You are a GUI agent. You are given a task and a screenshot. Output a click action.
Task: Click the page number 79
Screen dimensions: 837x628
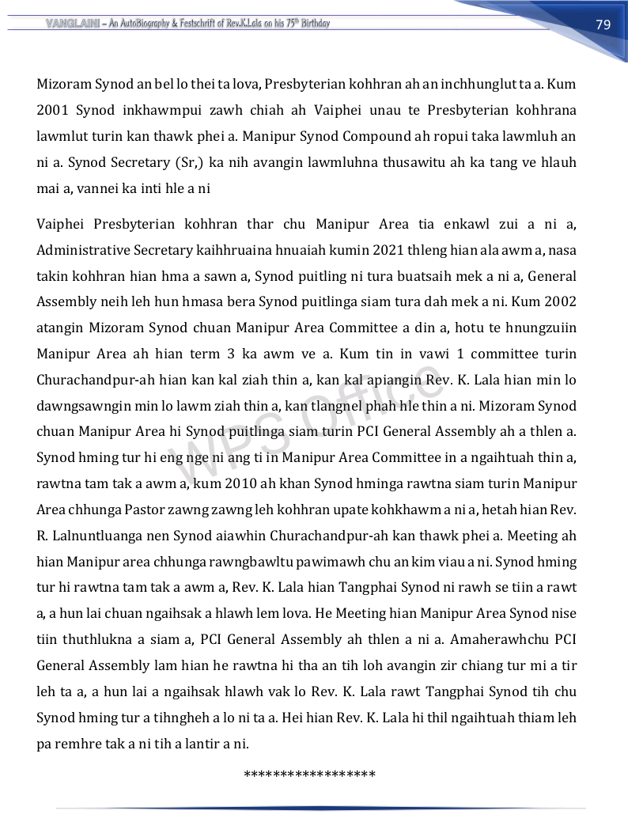click(x=603, y=24)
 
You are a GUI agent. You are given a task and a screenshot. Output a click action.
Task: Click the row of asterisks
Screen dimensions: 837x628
click(x=310, y=773)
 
